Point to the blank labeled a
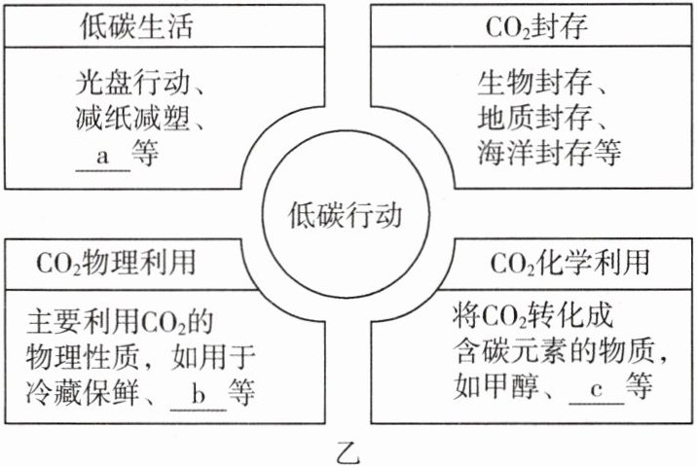pos(101,155)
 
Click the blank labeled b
pos(198,396)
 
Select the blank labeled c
pos(595,389)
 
